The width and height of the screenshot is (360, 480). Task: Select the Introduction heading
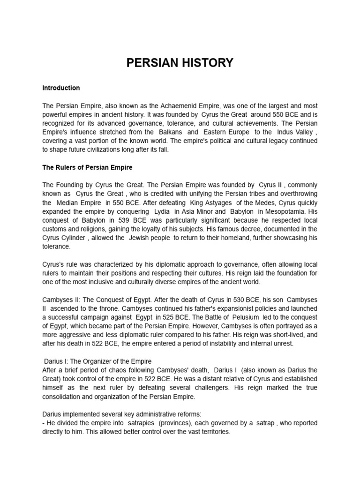point(61,88)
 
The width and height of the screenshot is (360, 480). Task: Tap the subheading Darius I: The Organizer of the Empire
point(98,361)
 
